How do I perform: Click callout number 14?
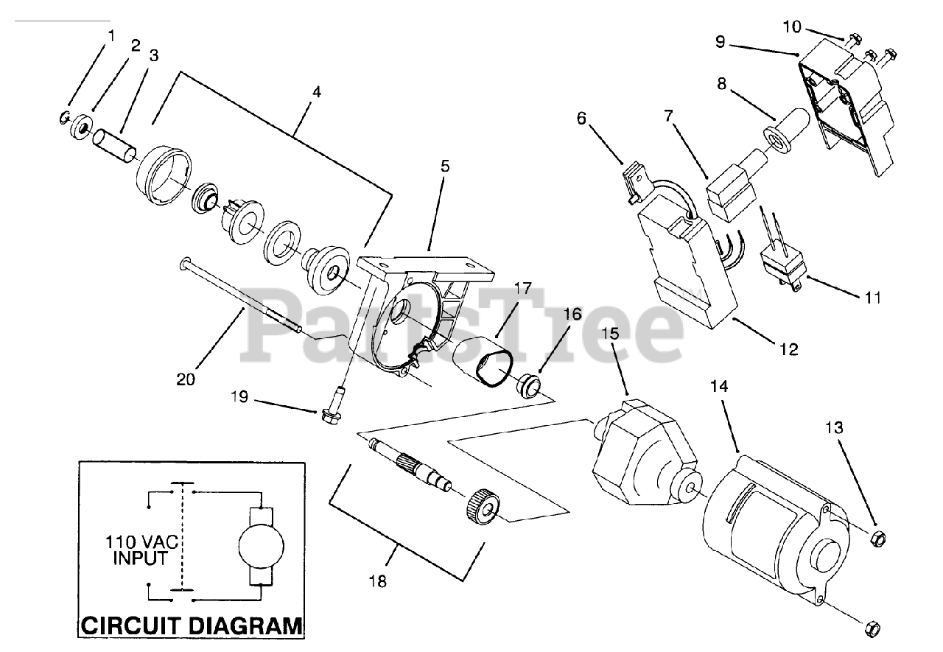click(x=720, y=386)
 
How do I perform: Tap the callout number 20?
click(x=186, y=380)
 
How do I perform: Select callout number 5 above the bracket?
click(x=445, y=166)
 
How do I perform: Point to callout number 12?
click(x=788, y=350)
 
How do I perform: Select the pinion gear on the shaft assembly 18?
click(x=483, y=507)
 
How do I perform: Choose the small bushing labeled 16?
click(x=529, y=384)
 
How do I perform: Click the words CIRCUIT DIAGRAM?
click(x=192, y=626)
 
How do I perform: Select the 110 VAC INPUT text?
click(x=139, y=550)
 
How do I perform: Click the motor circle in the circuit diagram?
click(x=262, y=545)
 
